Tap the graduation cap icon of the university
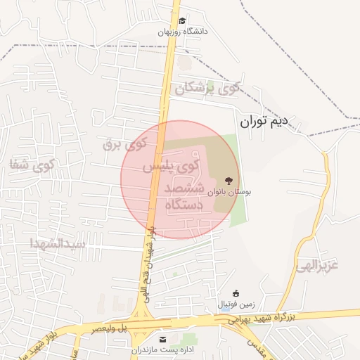(183, 21)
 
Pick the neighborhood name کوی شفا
(32, 165)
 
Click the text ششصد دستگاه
(184, 197)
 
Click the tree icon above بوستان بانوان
(227, 181)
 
